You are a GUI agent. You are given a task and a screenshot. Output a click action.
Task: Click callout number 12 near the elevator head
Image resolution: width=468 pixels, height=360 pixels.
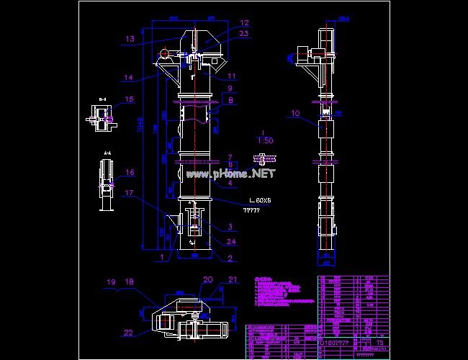point(244,23)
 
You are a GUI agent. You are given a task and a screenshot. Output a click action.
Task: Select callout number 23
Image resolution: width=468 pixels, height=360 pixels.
point(244,34)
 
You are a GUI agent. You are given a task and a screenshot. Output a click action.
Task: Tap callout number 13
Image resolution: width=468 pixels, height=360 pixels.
point(130,39)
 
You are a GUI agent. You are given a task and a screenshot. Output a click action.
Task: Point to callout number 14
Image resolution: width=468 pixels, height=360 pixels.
point(128,78)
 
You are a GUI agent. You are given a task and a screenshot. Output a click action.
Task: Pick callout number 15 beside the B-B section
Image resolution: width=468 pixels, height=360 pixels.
point(130,99)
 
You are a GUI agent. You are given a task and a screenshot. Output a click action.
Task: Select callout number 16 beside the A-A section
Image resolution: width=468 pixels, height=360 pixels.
point(130,173)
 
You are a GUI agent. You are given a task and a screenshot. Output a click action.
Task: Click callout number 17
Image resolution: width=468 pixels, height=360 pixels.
point(128,193)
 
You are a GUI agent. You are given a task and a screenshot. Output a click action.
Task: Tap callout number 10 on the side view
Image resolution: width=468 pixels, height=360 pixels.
point(296,113)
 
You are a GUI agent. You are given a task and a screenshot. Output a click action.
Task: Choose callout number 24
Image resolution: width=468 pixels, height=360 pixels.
point(232,241)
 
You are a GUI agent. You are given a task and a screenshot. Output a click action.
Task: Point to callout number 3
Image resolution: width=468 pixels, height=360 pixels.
point(232,227)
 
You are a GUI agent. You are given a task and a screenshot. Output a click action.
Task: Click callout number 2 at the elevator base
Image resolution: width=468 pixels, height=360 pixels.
point(230,258)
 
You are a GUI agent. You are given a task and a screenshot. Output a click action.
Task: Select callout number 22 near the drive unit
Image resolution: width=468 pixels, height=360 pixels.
point(128,332)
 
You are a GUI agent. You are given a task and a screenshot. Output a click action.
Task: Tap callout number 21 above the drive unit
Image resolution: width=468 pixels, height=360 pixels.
point(233,279)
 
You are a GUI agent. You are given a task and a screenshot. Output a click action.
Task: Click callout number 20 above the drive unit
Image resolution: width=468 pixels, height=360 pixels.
point(208,279)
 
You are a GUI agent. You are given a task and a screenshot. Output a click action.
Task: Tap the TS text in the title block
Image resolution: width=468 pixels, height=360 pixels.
point(379,343)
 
